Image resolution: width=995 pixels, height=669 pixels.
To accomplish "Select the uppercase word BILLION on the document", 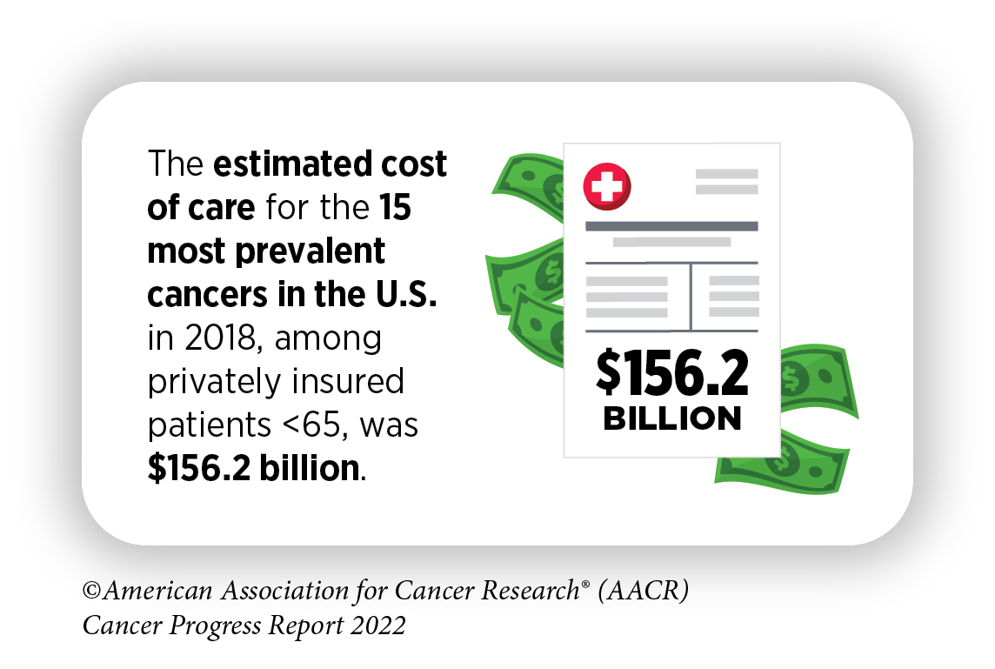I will pos(671,418).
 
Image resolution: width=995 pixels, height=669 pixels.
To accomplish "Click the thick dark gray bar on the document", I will pos(671,226).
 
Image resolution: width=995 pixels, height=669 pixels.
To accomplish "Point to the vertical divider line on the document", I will pos(691,297).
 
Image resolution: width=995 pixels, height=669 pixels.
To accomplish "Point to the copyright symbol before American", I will pos(91,592).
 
